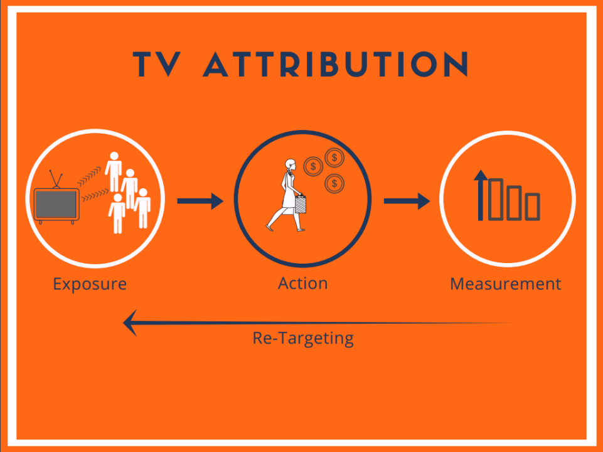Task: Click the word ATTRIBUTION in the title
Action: coord(336,64)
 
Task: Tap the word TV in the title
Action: coord(157,64)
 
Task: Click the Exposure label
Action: coord(90,284)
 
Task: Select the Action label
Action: coord(303,283)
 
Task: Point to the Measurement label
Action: coord(506,284)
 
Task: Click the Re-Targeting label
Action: coord(303,338)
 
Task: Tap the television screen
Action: coord(56,204)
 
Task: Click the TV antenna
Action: coord(56,179)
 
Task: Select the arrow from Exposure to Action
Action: coord(200,201)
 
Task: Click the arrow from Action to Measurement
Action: coord(407,201)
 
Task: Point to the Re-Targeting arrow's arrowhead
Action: coord(130,323)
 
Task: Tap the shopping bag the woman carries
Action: coord(301,204)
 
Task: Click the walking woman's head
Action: coord(291,164)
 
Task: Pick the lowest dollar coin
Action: coord(334,183)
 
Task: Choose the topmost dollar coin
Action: coord(334,158)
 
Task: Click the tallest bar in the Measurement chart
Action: coord(496,200)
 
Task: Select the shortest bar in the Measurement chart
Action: coord(533,207)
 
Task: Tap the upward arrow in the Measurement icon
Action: coord(480,195)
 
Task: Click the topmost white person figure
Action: coord(114,171)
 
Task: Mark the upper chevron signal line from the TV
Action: coord(89,176)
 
